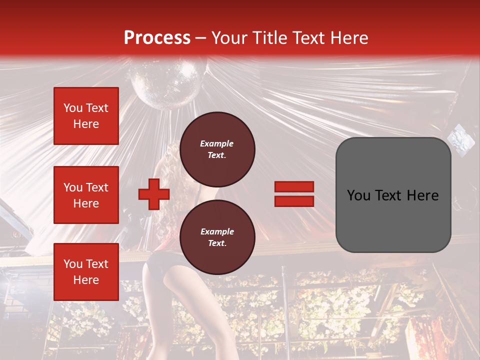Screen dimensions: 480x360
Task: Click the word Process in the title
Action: click(157, 38)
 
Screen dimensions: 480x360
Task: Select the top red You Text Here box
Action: click(86, 116)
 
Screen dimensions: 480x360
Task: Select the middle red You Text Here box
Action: click(86, 195)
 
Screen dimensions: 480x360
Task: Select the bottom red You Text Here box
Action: click(86, 271)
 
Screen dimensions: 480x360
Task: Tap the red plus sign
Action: click(154, 194)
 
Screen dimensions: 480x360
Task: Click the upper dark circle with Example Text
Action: click(217, 149)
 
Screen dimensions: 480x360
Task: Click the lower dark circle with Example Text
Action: click(217, 237)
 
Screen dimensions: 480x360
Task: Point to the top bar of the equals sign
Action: click(294, 187)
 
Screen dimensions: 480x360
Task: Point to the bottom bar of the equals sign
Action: click(294, 201)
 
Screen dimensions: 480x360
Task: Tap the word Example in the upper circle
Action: click(216, 143)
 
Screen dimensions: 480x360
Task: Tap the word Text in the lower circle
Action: click(216, 243)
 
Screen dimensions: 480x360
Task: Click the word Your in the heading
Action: click(228, 38)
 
